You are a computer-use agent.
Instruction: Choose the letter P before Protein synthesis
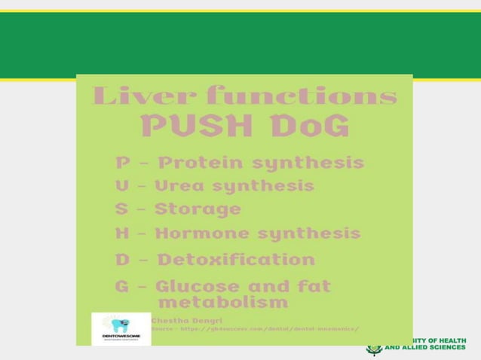(122, 163)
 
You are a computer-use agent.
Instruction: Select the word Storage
(198, 209)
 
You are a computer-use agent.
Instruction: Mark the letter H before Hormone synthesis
(122, 233)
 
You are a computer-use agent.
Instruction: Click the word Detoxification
(236, 260)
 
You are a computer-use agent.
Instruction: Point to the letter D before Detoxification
(122, 260)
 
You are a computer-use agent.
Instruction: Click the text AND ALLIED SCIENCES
(425, 349)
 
